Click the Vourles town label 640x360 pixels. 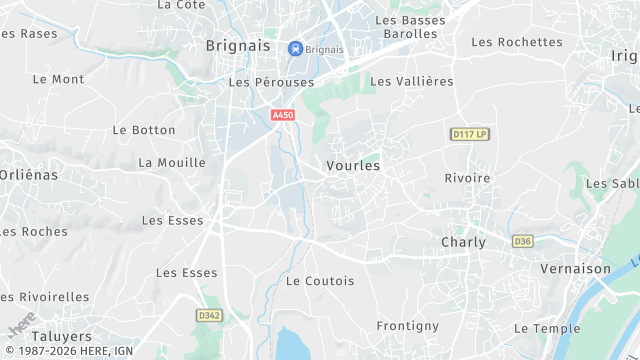click(x=353, y=165)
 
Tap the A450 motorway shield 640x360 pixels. click(x=283, y=116)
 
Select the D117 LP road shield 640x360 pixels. click(x=469, y=134)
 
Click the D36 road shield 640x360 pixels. click(x=522, y=241)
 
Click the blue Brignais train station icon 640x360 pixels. click(x=295, y=48)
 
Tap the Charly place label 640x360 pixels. click(x=463, y=242)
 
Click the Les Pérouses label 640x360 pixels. click(x=271, y=82)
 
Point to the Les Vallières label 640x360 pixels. click(x=412, y=81)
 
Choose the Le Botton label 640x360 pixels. click(x=144, y=130)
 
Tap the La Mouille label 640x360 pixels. click(x=172, y=162)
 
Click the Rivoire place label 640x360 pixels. click(x=467, y=178)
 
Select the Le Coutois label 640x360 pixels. click(x=320, y=281)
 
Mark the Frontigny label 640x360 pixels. click(x=407, y=326)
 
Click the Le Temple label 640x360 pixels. click(x=547, y=328)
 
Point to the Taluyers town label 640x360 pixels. click(x=61, y=336)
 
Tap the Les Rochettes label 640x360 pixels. click(x=517, y=42)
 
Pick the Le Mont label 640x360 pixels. click(x=59, y=78)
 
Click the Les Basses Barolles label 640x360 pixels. click(x=406, y=26)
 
